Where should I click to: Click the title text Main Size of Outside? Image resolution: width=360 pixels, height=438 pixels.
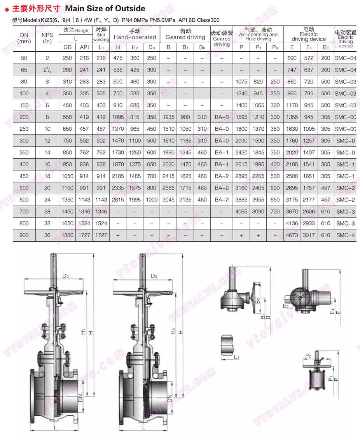pos(105,9)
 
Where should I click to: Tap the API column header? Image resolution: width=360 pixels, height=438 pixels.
pos(84,47)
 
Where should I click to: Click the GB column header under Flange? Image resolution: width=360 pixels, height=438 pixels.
pos(67,47)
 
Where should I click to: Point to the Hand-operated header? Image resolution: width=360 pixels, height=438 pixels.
pos(135,37)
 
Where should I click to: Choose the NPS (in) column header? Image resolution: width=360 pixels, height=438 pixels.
pos(47,38)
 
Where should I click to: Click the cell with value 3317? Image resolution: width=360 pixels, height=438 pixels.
pos(309,235)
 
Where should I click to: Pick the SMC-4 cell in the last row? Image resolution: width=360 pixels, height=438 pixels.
pos(345,235)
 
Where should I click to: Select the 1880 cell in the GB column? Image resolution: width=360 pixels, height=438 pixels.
pos(67,235)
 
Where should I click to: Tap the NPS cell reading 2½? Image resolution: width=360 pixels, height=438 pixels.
pos(47,70)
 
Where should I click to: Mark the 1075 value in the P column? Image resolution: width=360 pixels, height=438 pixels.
pos(241,82)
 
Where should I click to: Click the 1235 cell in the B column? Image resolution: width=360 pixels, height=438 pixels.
pos(168,117)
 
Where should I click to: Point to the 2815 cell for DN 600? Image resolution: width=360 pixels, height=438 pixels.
pos(118,200)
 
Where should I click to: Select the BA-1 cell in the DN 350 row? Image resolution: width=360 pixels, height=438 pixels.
pos(222,152)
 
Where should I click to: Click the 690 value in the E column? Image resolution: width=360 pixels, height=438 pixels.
pos(292,58)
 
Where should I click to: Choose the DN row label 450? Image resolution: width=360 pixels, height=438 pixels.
pos(24,176)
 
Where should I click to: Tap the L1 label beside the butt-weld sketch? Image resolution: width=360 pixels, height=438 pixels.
pos(237,357)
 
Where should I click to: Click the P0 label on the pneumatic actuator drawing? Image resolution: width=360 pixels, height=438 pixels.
pos(308,356)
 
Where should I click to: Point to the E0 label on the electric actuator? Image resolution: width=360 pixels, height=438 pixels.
pos(286,306)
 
